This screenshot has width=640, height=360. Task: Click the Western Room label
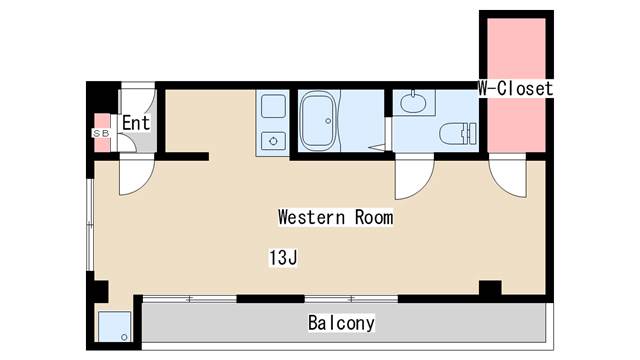pos(336,217)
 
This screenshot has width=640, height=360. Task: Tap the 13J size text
pos(283,258)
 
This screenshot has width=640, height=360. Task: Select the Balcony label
pos(341,323)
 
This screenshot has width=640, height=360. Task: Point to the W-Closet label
pos(516,88)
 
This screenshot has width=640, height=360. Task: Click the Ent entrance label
pos(136,122)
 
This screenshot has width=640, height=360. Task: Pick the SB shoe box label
pos(101,133)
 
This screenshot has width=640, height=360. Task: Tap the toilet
pos(458,133)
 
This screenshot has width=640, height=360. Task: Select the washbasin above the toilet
pos(413,102)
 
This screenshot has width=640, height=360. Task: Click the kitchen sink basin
pos(273,105)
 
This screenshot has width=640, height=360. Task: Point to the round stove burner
pos(273,141)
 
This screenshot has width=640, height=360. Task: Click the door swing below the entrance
pos(137,176)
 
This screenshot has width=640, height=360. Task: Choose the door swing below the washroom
pos(414,179)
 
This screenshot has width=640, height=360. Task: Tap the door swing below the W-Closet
pos(507,178)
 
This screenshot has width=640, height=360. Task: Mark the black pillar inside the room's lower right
pos(490,288)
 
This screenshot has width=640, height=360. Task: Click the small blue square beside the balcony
pos(115,327)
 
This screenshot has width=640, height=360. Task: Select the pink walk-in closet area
pos(516,85)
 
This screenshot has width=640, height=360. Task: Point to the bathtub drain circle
pos(328,121)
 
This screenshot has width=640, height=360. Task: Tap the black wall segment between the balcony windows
pos(271,299)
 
